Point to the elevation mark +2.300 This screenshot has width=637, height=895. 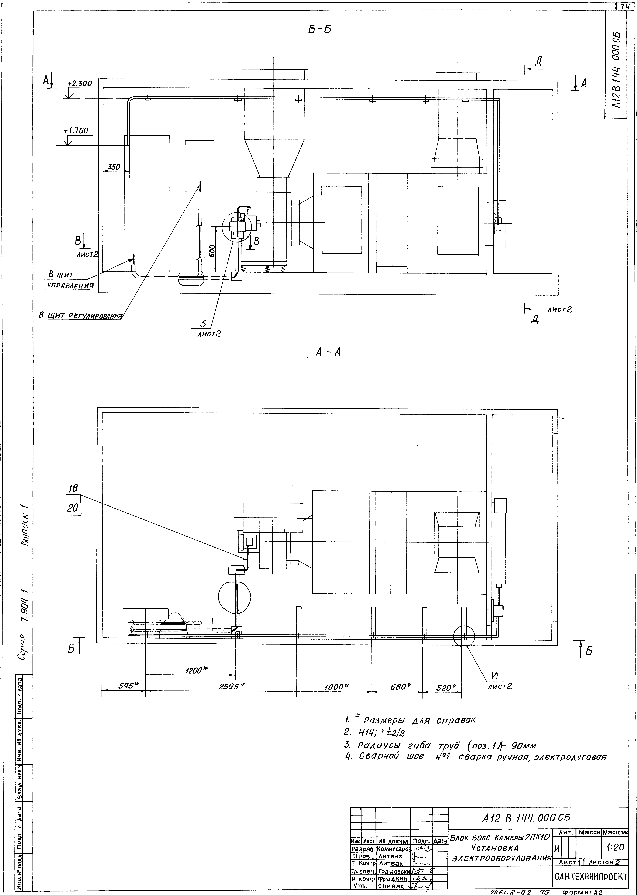[x=80, y=84]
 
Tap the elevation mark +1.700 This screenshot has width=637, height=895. [x=76, y=131]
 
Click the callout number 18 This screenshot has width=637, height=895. [x=73, y=488]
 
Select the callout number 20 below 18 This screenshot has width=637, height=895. [x=73, y=508]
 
